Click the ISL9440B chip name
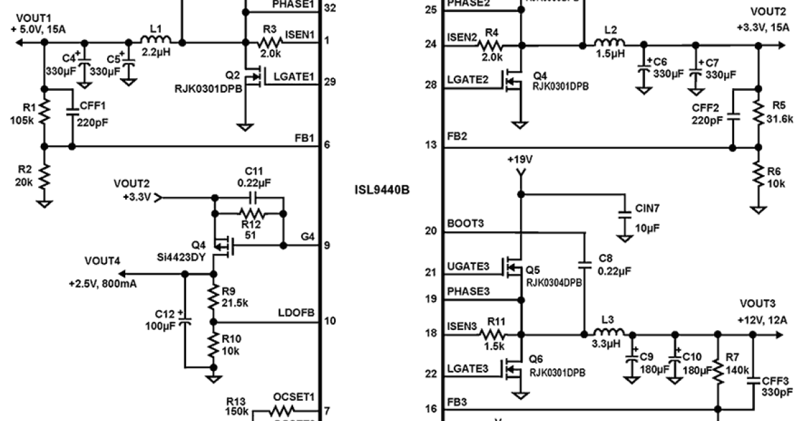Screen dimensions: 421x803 coord(381,189)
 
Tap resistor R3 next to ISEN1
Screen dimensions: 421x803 coord(272,41)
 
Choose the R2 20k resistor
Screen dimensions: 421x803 coord(44,176)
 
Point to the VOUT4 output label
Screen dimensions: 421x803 coord(102,261)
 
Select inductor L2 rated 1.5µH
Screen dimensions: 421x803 coord(610,45)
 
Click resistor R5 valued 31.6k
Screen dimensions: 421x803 coord(758,112)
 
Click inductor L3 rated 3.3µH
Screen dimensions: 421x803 coord(610,332)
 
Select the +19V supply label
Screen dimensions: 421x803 coord(519,160)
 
